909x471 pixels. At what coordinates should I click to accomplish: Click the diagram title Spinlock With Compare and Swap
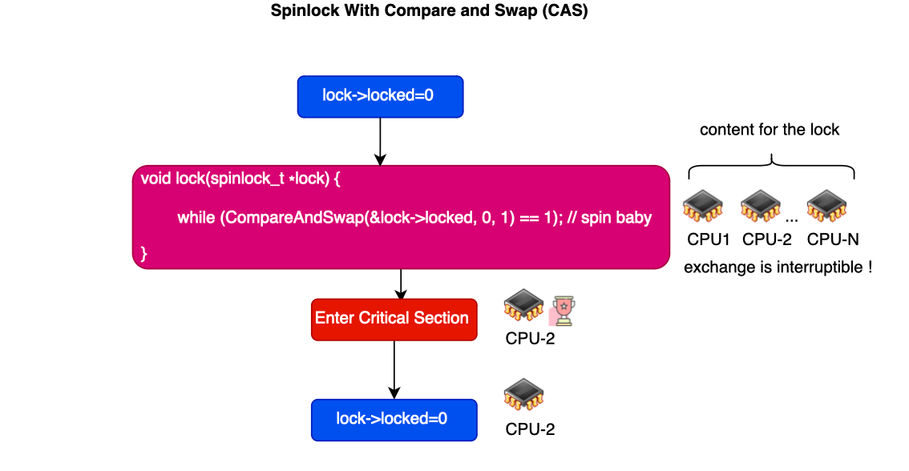[x=429, y=11]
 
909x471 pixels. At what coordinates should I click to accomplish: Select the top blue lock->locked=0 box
[x=380, y=97]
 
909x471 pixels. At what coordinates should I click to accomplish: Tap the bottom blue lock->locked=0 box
[x=394, y=420]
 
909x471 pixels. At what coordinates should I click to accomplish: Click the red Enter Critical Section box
[x=394, y=320]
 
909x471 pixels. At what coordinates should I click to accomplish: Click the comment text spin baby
[x=616, y=218]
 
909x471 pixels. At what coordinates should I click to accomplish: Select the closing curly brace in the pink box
[x=143, y=254]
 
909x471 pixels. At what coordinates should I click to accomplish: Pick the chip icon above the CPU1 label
[x=703, y=206]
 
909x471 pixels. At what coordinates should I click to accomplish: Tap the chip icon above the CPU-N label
[x=826, y=206]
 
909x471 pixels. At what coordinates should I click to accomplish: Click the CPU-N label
[x=833, y=240]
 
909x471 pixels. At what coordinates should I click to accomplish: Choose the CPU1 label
[x=708, y=240]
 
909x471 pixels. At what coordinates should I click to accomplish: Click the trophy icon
[x=563, y=311]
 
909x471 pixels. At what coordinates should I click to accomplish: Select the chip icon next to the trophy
[x=524, y=304]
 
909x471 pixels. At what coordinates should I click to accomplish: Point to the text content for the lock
[x=770, y=130]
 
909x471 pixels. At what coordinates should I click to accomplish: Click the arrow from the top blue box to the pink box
[x=380, y=142]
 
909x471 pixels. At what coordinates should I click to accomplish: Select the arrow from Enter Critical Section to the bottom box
[x=394, y=370]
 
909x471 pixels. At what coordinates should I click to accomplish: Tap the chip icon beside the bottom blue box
[x=524, y=395]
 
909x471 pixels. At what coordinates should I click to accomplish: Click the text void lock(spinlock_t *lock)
[x=236, y=179]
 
